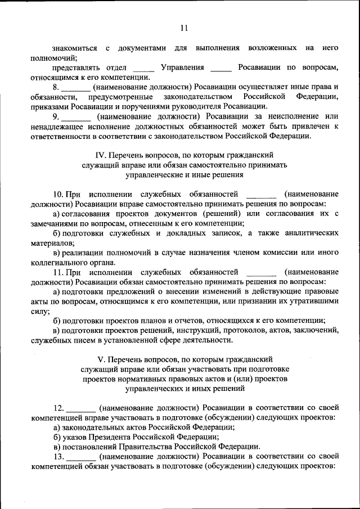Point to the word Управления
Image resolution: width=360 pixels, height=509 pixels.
pos(182,68)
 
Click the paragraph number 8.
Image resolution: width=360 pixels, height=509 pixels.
pos(55,87)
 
